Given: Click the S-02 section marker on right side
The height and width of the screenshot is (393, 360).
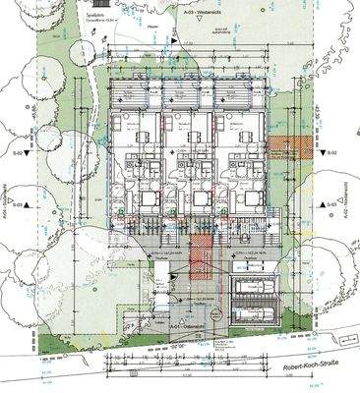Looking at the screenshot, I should [332, 154].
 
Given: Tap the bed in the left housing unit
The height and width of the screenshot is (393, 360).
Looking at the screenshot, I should [143, 197].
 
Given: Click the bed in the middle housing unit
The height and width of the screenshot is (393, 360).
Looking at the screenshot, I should [194, 197].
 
